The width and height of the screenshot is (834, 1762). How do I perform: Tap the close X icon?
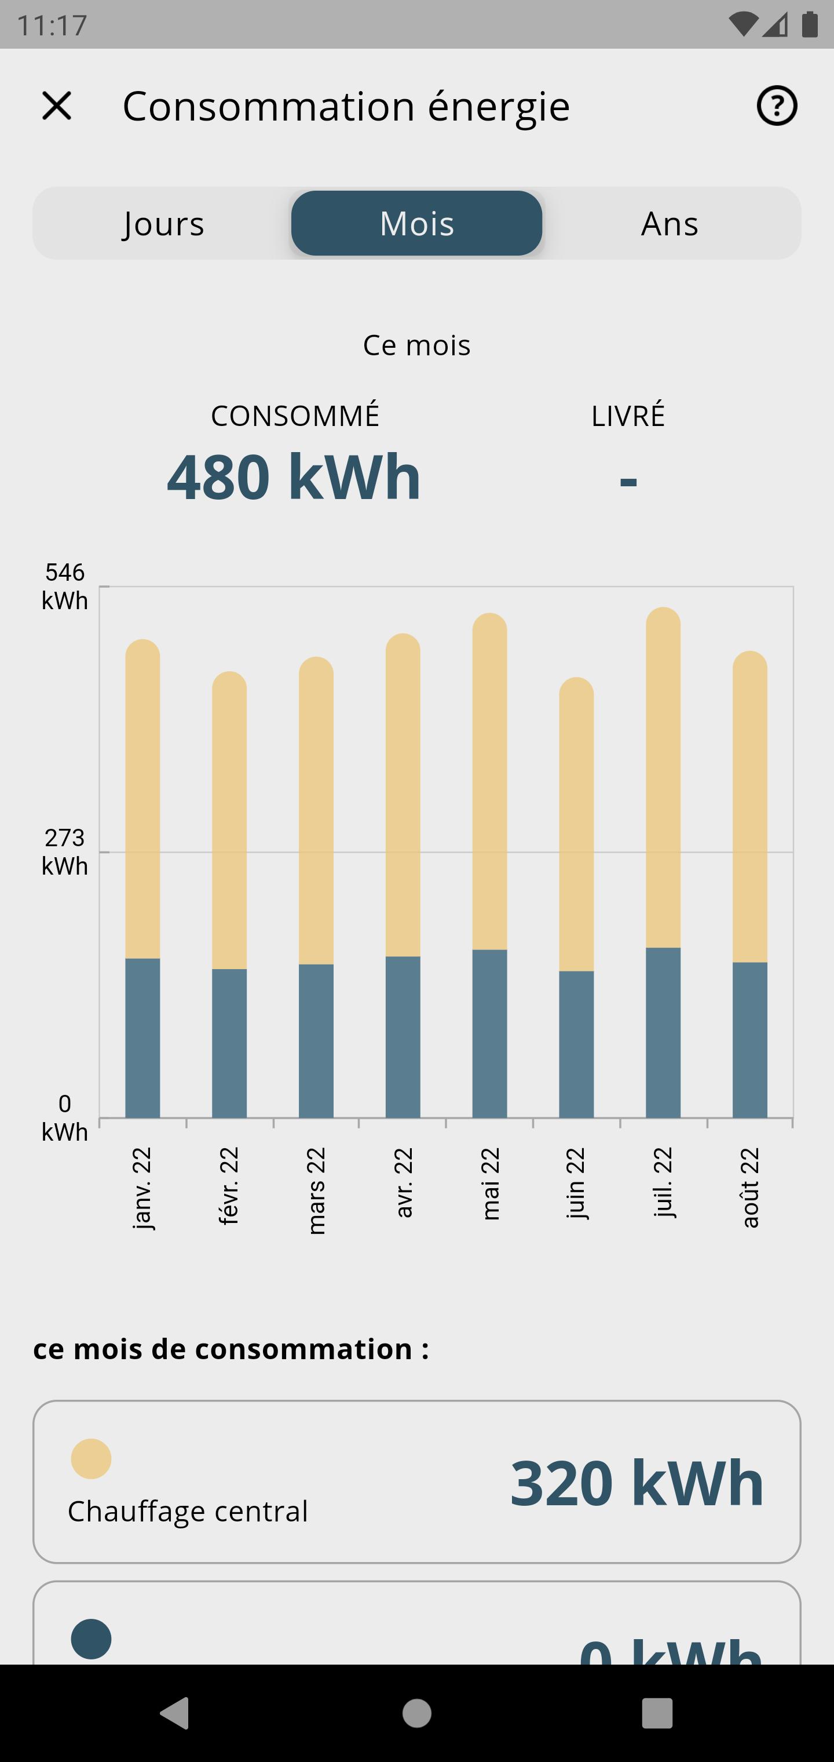pyautogui.click(x=57, y=106)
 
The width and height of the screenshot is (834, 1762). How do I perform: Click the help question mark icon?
pyautogui.click(x=777, y=106)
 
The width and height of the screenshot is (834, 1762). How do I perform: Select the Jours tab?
pyautogui.click(x=164, y=224)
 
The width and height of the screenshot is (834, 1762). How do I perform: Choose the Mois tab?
pyautogui.click(x=417, y=224)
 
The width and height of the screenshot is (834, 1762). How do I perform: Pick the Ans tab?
pyautogui.click(x=670, y=224)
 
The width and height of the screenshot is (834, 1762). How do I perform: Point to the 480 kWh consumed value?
pyautogui.click(x=294, y=477)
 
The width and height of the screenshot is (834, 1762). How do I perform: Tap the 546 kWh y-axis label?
pyautogui.click(x=65, y=586)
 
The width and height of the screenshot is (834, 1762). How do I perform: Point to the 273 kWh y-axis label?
pyautogui.click(x=65, y=851)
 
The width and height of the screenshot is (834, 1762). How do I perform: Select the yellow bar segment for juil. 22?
pyautogui.click(x=663, y=780)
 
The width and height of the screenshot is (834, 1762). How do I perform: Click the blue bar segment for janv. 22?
pyautogui.click(x=142, y=1037)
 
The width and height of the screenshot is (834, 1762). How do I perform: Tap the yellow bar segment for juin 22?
pyautogui.click(x=576, y=824)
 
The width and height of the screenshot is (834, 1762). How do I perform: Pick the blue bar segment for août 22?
pyautogui.click(x=750, y=1040)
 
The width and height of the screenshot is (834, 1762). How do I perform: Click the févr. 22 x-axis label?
pyautogui.click(x=228, y=1187)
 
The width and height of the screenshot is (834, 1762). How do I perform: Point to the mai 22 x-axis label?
pyautogui.click(x=490, y=1184)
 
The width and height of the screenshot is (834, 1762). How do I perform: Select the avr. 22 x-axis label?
pyautogui.click(x=403, y=1184)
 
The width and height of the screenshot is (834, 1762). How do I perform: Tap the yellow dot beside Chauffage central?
pyautogui.click(x=91, y=1458)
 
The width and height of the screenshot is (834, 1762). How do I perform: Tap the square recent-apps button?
pyautogui.click(x=657, y=1713)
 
